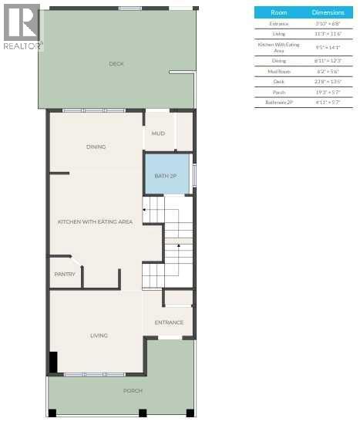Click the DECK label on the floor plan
tap(116, 64)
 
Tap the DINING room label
tap(96, 147)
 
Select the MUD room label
tap(158, 133)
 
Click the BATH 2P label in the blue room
tap(166, 176)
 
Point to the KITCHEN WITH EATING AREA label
tap(95, 221)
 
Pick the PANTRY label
tap(65, 274)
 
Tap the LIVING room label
tap(99, 336)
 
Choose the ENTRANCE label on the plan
tap(169, 322)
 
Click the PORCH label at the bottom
tap(133, 391)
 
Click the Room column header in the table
tap(279, 13)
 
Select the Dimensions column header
tap(328, 13)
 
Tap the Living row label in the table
tap(279, 35)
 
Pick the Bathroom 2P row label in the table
tap(279, 102)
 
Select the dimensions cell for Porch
tap(328, 91)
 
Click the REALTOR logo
tap(22, 27)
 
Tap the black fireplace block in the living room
tap(53, 362)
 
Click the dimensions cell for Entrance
tap(328, 24)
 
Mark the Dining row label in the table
tap(279, 59)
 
